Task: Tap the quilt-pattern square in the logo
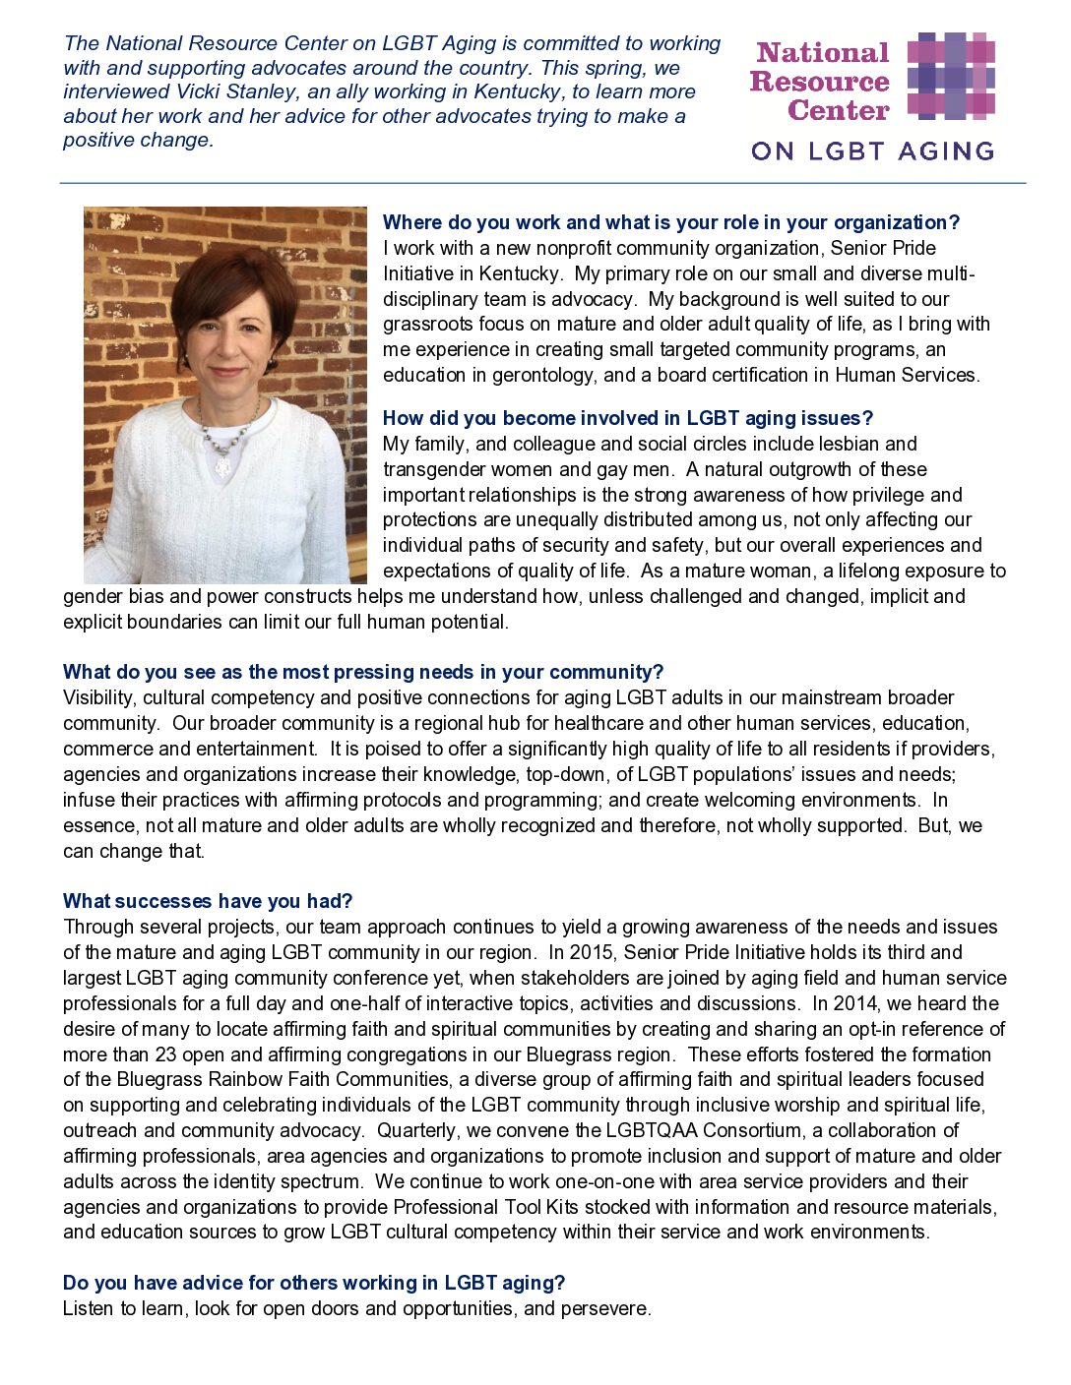[x=950, y=76]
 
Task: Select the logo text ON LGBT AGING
[x=872, y=151]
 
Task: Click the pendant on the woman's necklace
[x=222, y=464]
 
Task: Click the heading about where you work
[x=670, y=222]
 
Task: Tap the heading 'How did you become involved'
[x=627, y=418]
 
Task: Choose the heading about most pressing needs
[x=363, y=672]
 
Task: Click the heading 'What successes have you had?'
[x=208, y=901]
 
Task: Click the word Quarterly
[x=416, y=1130]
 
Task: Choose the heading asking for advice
[x=314, y=1283]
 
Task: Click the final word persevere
[x=604, y=1309]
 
